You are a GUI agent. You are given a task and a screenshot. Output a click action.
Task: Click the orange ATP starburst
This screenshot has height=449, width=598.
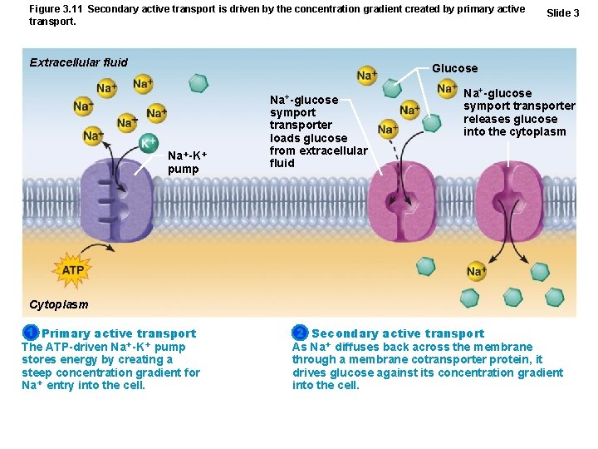click(x=73, y=270)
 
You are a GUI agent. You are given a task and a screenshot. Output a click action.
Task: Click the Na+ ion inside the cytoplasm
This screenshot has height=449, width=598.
click(x=477, y=271)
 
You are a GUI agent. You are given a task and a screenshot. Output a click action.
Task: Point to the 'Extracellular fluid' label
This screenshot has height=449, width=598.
click(x=79, y=62)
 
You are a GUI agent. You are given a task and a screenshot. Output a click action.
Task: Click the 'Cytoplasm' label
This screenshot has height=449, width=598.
click(x=58, y=304)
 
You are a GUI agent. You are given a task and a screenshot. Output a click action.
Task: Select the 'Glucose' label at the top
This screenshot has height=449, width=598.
click(x=454, y=68)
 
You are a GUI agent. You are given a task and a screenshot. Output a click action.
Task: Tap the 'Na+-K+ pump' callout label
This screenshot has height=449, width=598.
click(x=187, y=162)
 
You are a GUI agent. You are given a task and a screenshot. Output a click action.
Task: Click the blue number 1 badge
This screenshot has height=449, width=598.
click(x=30, y=333)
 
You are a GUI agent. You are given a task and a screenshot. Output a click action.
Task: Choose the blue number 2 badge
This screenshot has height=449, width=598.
click(x=300, y=333)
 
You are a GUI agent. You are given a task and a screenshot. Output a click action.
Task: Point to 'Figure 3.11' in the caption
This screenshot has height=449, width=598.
click(x=56, y=9)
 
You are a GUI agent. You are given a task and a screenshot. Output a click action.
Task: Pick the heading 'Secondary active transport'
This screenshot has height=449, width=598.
click(x=398, y=333)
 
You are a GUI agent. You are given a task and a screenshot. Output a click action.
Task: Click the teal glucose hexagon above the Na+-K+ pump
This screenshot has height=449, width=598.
click(x=198, y=82)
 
